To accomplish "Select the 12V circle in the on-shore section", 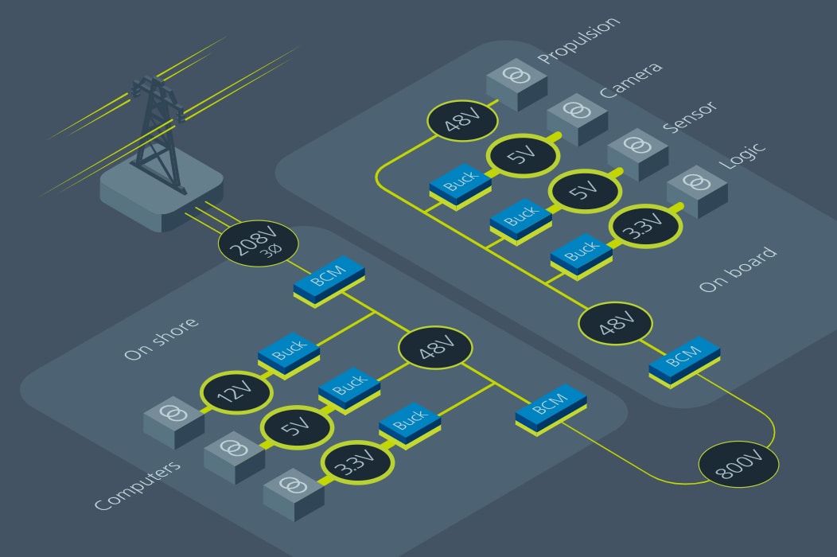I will pyautogui.click(x=236, y=392).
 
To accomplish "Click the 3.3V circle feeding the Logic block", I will pyautogui.click(x=645, y=225).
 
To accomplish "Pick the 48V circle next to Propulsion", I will pyautogui.click(x=462, y=122).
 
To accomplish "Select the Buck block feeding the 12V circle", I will pyautogui.click(x=289, y=353).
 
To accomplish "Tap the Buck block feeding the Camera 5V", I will pyautogui.click(x=460, y=185).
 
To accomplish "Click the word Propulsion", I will pyautogui.click(x=579, y=41).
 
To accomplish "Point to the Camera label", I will pyautogui.click(x=631, y=79).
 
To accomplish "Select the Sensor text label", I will pyautogui.click(x=689, y=117).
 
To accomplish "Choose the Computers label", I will pyautogui.click(x=137, y=486).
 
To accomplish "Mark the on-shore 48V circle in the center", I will pyautogui.click(x=435, y=349).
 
